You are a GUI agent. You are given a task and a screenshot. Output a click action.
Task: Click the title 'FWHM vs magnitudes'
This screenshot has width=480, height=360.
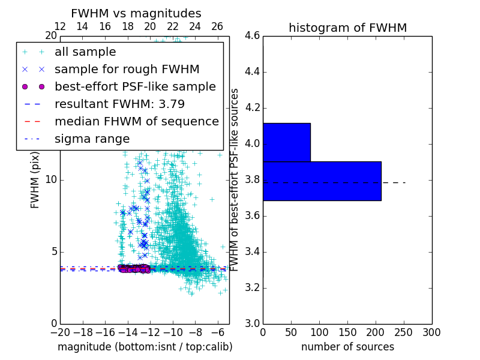click(136, 13)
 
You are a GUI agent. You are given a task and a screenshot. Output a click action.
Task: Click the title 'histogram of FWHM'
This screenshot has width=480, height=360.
click(347, 28)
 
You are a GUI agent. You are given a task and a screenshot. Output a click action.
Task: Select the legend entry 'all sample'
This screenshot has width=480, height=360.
click(85, 52)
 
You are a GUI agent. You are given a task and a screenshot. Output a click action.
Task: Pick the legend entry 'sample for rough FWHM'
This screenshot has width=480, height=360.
click(127, 69)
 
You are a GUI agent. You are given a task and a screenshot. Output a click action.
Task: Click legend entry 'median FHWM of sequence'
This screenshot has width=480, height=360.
click(136, 121)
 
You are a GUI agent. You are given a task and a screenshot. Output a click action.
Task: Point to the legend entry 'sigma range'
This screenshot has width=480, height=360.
click(92, 139)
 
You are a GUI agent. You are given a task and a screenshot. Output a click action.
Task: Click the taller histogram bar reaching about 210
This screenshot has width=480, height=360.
click(322, 181)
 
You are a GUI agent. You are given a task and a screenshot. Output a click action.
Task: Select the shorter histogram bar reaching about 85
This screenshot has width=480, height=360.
click(287, 142)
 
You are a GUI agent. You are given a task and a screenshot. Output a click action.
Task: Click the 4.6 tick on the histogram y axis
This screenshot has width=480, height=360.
click(252, 36)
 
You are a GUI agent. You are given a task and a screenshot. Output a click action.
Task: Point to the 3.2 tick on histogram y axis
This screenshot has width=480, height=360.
click(252, 287)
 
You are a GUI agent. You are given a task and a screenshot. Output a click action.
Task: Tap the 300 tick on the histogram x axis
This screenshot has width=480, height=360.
click(431, 332)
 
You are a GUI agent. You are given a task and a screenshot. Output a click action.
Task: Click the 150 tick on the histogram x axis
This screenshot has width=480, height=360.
click(347, 332)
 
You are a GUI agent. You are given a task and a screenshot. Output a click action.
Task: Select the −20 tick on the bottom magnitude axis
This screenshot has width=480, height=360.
click(60, 332)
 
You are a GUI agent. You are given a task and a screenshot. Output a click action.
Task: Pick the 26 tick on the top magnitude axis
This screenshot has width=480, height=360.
click(217, 26)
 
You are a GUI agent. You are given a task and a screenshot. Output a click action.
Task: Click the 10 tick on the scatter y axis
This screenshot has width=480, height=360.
click(51, 179)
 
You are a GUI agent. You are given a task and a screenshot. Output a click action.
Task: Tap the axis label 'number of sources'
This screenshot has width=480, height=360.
click(347, 347)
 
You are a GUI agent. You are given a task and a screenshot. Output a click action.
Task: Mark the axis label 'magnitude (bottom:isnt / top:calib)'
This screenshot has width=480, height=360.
click(145, 347)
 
